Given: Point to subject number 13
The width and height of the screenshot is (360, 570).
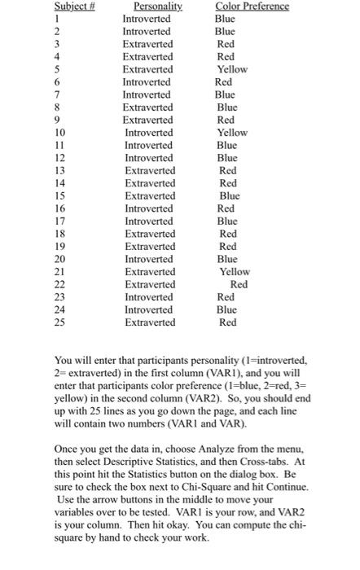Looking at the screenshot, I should pos(15,171).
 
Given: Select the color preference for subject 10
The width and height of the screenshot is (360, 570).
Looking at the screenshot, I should pos(232,133).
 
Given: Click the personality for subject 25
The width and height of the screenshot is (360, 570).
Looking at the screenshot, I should pos(150,322).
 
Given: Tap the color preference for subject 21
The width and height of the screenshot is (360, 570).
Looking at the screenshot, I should pos(235,272).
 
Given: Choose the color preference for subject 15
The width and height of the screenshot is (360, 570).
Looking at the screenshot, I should pos(230,196).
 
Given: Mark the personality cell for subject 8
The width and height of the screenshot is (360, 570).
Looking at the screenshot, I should pos(147,107).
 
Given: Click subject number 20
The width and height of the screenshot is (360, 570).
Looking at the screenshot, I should pos(14,259).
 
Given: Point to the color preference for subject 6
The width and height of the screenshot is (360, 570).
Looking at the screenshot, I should pos(223,82).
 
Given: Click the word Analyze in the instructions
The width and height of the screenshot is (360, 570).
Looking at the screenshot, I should pos(217,448).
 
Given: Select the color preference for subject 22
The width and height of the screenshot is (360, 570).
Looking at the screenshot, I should pos(239,284).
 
